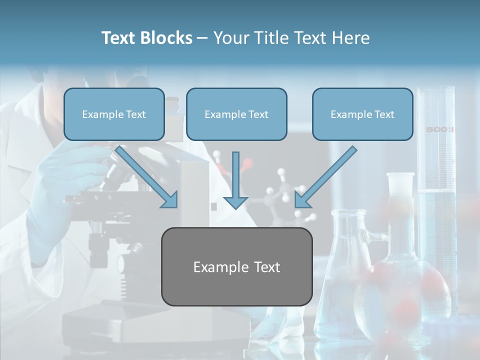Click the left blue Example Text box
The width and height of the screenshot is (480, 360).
click(114, 114)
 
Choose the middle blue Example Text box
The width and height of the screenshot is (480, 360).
click(236, 114)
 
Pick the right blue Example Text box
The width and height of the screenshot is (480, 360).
click(362, 114)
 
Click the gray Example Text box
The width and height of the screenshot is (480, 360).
click(236, 266)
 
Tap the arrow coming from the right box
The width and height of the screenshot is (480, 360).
click(326, 177)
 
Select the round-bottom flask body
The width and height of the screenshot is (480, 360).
click(400, 295)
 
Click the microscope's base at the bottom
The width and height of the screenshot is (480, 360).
click(125, 325)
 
